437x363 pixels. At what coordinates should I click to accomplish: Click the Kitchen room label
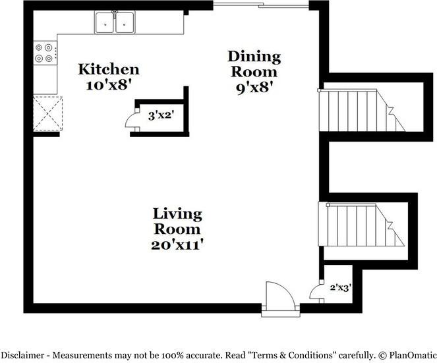(x=109, y=69)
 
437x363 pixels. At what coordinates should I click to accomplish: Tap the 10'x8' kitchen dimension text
(x=109, y=84)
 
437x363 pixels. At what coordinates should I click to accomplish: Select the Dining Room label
(x=254, y=64)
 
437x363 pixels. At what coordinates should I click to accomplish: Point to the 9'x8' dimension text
(x=254, y=86)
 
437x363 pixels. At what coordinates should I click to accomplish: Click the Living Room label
(x=177, y=221)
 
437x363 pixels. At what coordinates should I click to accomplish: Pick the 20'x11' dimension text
(x=177, y=244)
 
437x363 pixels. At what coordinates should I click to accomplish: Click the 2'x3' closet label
(x=340, y=287)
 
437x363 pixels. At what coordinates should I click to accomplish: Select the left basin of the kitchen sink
(x=105, y=24)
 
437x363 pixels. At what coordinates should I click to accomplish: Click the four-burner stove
(x=45, y=53)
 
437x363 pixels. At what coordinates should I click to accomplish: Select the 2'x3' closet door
(x=318, y=292)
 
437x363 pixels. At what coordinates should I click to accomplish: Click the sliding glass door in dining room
(x=260, y=6)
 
